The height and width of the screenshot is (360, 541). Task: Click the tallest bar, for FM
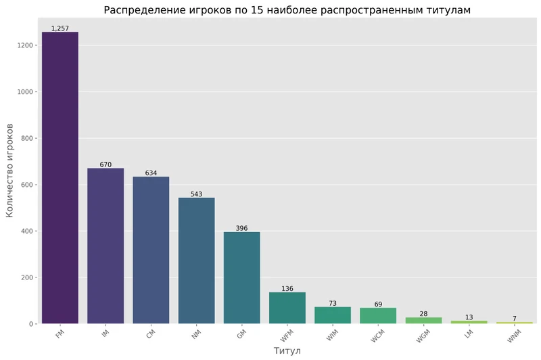(x=60, y=177)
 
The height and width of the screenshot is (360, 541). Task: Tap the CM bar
(x=151, y=250)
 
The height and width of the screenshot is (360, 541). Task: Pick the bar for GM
(x=241, y=277)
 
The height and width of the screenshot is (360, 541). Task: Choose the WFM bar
(x=287, y=308)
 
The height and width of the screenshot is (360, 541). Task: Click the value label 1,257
(x=60, y=28)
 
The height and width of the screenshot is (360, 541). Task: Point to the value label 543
(x=196, y=194)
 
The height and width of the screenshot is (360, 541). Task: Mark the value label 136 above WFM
(x=287, y=289)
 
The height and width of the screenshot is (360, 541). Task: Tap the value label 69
(x=378, y=305)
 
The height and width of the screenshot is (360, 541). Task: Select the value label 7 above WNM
(x=514, y=319)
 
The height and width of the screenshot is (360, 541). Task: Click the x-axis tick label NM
(x=195, y=334)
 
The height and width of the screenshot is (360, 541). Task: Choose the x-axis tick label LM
(x=469, y=334)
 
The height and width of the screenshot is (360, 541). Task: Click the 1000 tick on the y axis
(x=25, y=92)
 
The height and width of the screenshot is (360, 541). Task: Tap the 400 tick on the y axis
(x=27, y=231)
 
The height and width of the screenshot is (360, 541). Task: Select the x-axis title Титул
(x=287, y=351)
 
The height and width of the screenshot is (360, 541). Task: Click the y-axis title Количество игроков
(x=10, y=170)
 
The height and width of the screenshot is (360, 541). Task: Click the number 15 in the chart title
(x=269, y=10)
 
